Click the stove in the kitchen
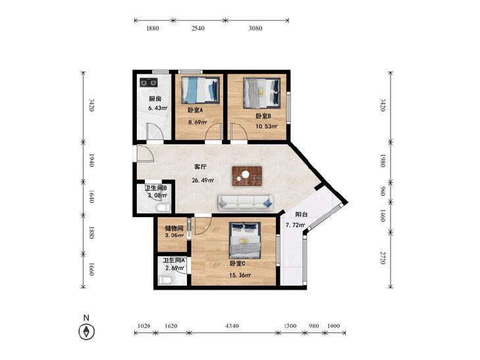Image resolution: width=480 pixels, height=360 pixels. pos(148,82)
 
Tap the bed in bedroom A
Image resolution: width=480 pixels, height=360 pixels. pos(201,90)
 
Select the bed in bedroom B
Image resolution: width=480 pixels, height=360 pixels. pos(262,93)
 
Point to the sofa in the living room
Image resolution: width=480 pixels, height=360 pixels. pos(246,203)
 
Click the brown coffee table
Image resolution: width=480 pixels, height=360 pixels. pos(247,176)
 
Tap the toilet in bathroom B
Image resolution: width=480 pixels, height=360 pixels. pos(163,208)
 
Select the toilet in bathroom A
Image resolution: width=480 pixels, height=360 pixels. pos(166,280)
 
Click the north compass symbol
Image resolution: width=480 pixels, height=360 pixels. pos(87,332)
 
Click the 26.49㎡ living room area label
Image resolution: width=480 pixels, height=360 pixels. pos(203,180)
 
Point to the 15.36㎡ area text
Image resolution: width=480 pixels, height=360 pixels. pos(240,275)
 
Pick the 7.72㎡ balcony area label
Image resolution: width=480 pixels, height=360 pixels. pos(295,225)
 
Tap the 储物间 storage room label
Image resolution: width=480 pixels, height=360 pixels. pos(174,228)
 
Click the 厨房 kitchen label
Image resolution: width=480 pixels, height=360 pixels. pos(155,99)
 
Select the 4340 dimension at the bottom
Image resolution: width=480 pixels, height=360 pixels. pos(232,326)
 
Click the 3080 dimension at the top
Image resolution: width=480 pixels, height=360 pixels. pos(255,28)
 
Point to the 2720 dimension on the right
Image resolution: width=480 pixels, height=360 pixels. pos(383,258)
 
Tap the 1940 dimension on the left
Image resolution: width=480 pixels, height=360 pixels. pos(92,161)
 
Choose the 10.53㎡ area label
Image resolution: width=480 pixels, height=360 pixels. pos(266,126)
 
